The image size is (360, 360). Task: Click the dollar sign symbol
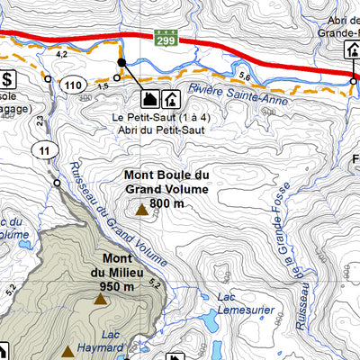[8, 79]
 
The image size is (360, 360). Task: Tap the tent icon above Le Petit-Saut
[146, 97]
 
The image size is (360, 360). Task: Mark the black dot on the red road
[121, 62]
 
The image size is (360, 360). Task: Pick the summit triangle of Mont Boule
[141, 210]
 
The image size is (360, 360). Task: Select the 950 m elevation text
[118, 287]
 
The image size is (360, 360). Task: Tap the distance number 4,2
[63, 56]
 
